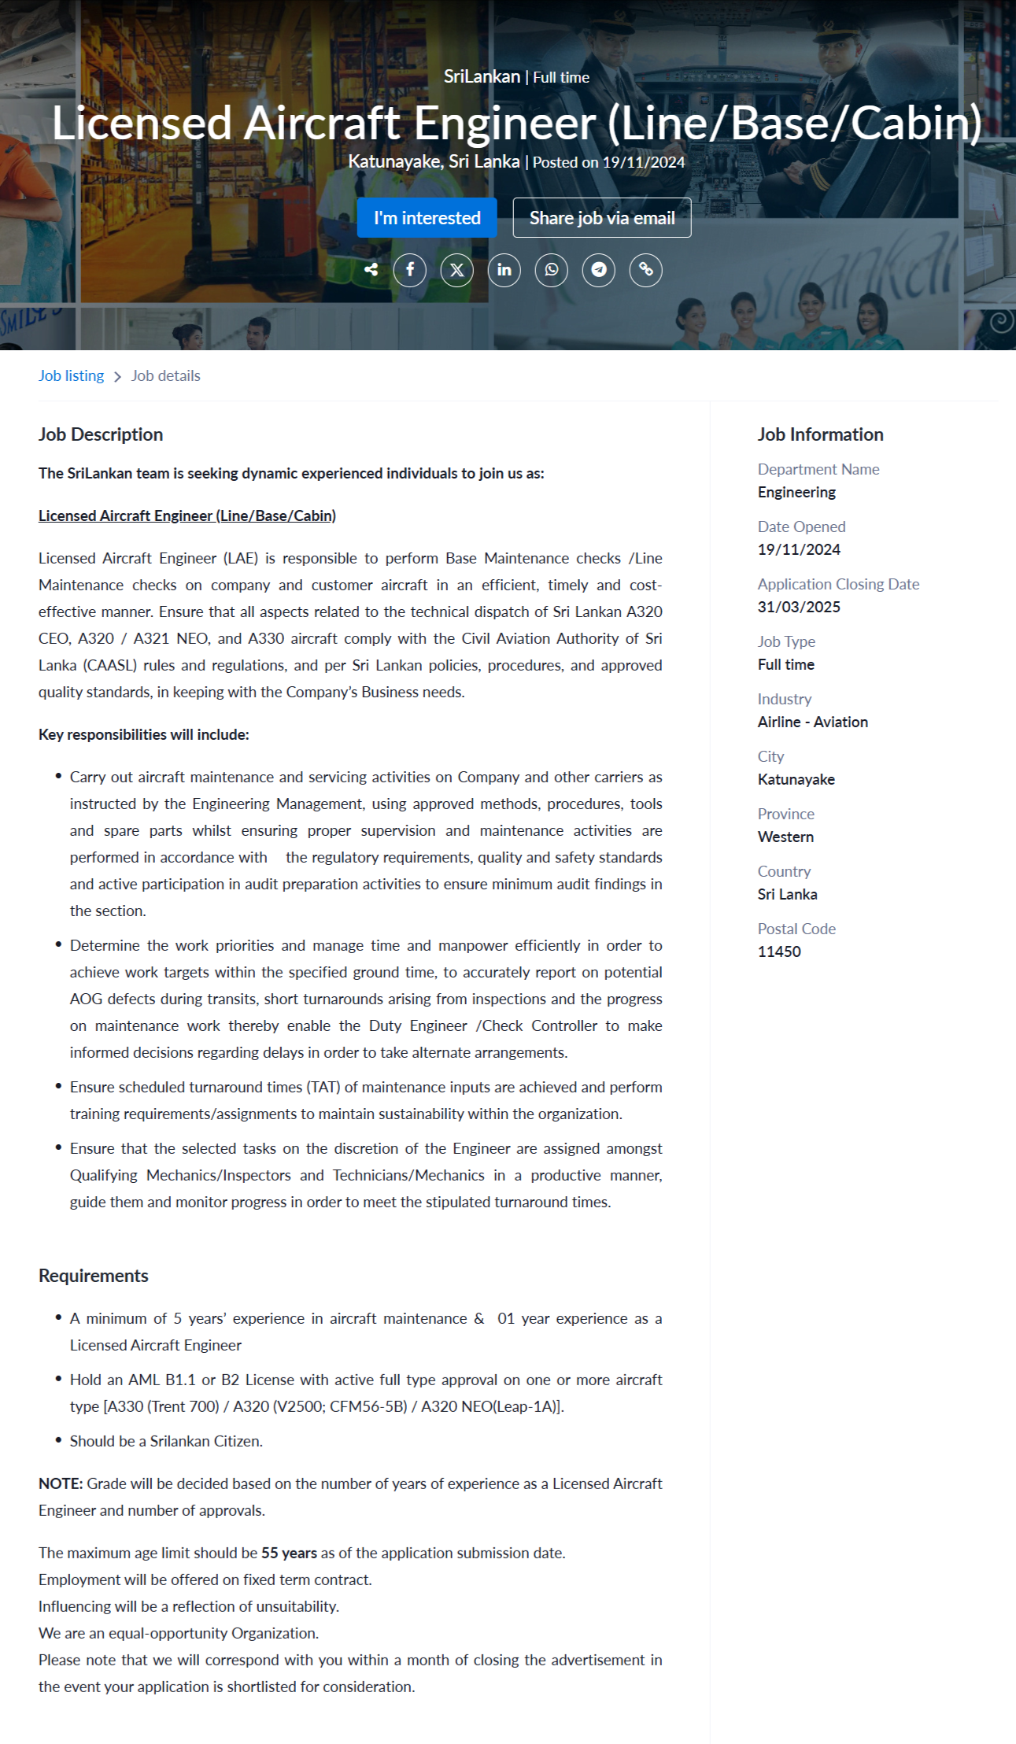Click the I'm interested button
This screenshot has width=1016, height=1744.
click(427, 218)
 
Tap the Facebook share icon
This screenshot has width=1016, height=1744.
click(410, 270)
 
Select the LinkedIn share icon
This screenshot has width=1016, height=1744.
click(504, 270)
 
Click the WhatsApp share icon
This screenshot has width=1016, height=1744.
click(552, 270)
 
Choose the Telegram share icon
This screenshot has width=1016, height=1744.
click(599, 270)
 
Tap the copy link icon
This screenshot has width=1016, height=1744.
click(646, 270)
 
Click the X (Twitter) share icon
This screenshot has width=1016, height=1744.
click(457, 270)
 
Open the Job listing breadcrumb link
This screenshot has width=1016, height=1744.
click(71, 375)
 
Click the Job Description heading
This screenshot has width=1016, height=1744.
click(101, 434)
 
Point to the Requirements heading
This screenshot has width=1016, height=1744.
click(94, 1276)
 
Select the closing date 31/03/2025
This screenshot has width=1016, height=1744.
click(799, 607)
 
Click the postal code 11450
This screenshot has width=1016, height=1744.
click(779, 951)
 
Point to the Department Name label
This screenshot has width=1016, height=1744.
click(818, 469)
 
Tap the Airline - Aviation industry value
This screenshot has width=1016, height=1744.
click(813, 722)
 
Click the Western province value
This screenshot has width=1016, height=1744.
click(785, 837)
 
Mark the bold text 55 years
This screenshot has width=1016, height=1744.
click(289, 1553)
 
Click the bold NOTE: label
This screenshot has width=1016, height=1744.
click(61, 1484)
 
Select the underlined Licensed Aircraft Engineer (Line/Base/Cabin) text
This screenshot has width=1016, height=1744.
click(187, 515)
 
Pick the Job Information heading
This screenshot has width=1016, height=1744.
click(820, 434)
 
